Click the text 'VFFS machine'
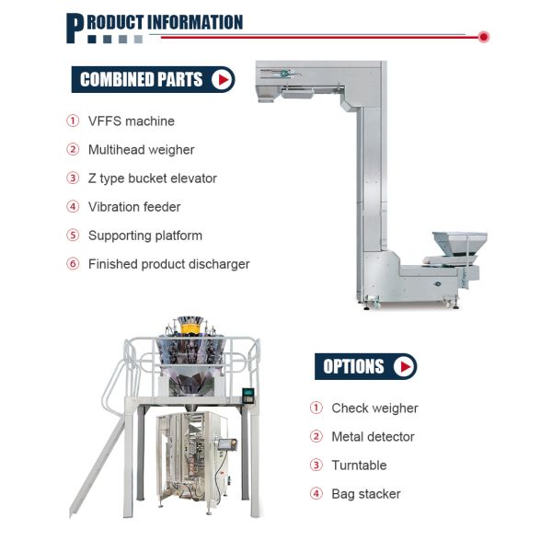(131, 121)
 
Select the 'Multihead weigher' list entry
(141, 150)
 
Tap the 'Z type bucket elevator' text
(152, 178)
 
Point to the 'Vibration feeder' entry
(134, 207)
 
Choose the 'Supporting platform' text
(144, 236)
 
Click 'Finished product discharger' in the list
(168, 264)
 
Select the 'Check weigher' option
(374, 408)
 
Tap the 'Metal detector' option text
(373, 437)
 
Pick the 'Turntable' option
(359, 466)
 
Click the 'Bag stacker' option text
(365, 494)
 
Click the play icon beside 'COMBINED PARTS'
(222, 79)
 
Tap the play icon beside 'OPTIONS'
(403, 366)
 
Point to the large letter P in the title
(75, 27)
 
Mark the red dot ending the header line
(484, 37)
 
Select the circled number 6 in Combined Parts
(73, 264)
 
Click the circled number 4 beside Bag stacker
(316, 494)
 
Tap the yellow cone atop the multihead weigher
(190, 327)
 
